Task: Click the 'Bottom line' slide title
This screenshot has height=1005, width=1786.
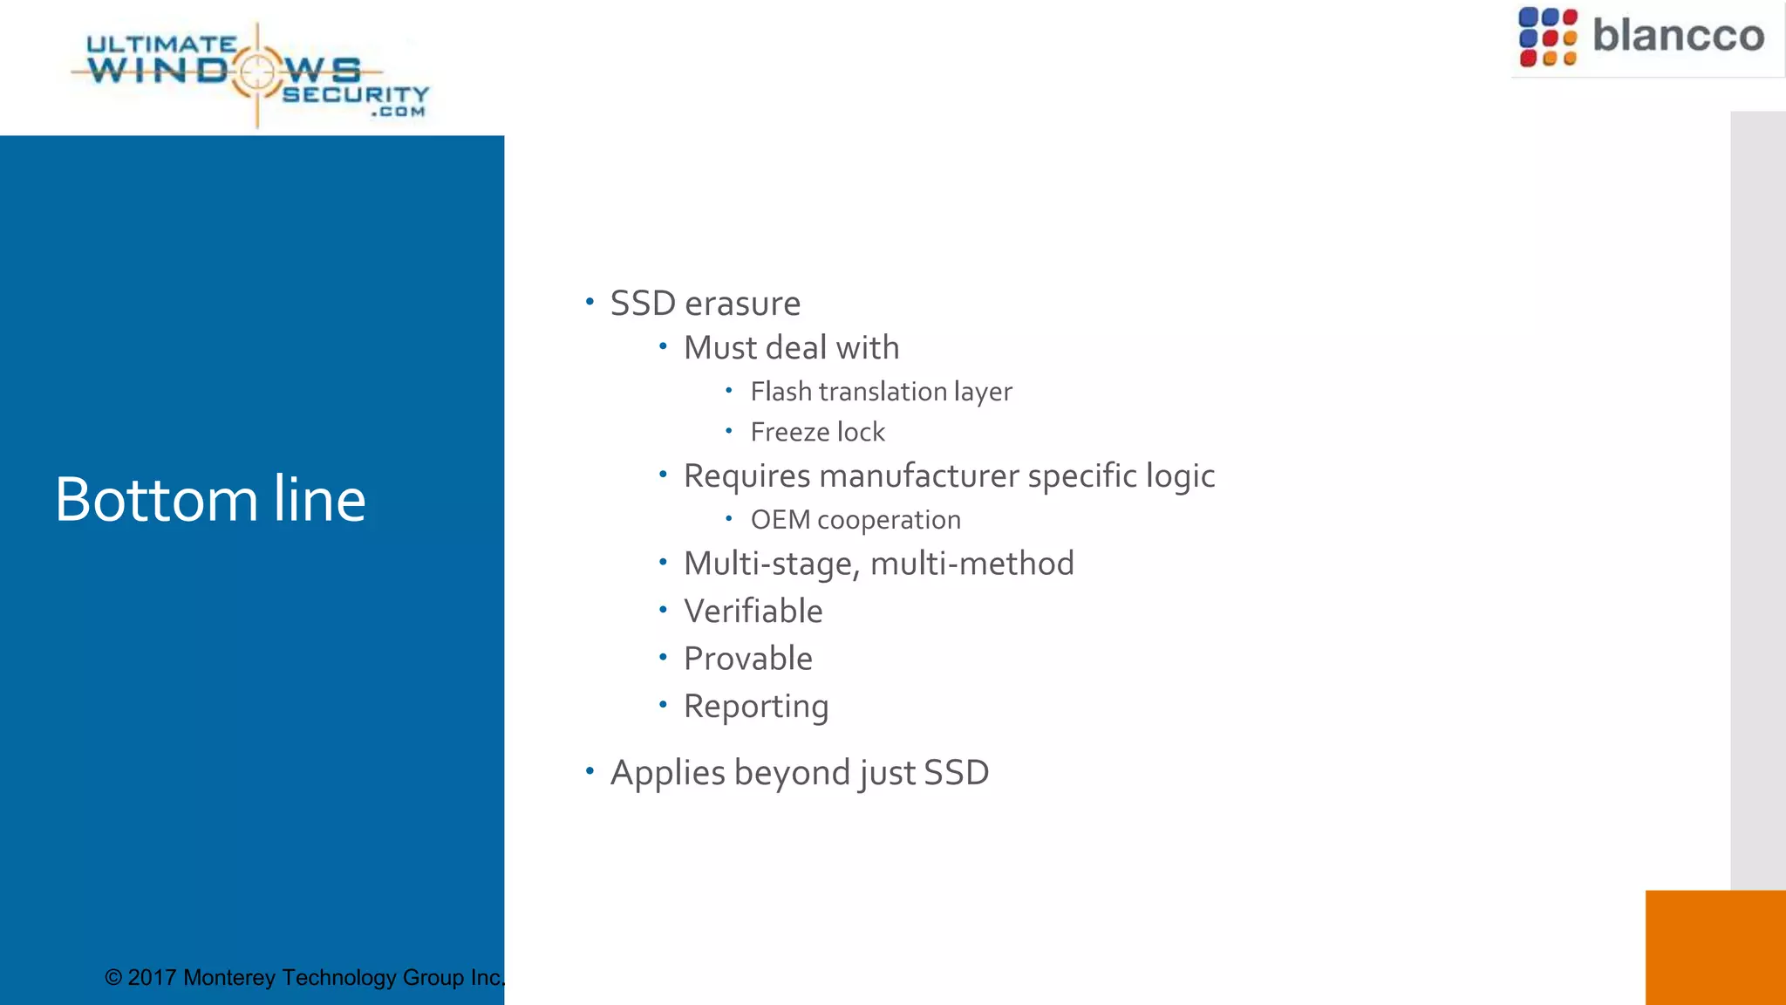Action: click(x=210, y=499)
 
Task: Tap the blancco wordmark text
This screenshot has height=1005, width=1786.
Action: click(x=1678, y=36)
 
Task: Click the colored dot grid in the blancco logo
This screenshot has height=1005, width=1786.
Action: click(x=1548, y=38)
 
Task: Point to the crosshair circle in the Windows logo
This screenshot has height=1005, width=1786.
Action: click(x=257, y=72)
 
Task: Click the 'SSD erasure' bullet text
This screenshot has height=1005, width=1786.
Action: click(x=705, y=304)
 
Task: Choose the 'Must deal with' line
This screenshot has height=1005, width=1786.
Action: click(x=791, y=348)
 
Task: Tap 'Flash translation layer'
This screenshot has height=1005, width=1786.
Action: click(x=881, y=392)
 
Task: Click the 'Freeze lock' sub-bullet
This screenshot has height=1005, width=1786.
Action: click(x=817, y=432)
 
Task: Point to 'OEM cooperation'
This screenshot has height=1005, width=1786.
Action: click(x=856, y=520)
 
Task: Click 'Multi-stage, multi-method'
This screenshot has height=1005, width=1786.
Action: click(x=878, y=564)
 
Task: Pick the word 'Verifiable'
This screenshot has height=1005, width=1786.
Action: click(x=753, y=612)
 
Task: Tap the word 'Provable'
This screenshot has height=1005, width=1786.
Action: click(x=747, y=659)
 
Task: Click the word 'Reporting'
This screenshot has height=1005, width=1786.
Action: click(x=755, y=707)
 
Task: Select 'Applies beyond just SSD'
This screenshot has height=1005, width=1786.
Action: click(x=799, y=773)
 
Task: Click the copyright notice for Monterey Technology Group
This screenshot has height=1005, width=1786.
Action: click(x=304, y=977)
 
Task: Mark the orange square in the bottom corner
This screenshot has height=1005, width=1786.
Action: click(x=1715, y=947)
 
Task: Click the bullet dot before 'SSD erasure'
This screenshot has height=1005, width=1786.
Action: click(x=590, y=302)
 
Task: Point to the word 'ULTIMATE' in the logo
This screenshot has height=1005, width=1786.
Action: click(x=161, y=44)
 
